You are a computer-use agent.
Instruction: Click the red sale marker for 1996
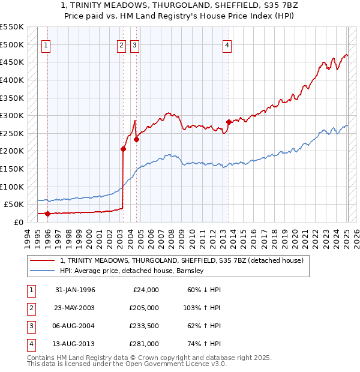tap(47, 213)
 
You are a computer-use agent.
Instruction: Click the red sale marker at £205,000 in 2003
tap(123, 149)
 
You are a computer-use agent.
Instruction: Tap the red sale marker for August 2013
tap(229, 122)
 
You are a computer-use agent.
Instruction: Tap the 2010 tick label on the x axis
tap(191, 236)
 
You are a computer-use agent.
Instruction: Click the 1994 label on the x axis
tap(27, 236)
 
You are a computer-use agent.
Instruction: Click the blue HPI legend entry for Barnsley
tap(132, 271)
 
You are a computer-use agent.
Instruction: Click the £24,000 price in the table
tap(145, 290)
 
